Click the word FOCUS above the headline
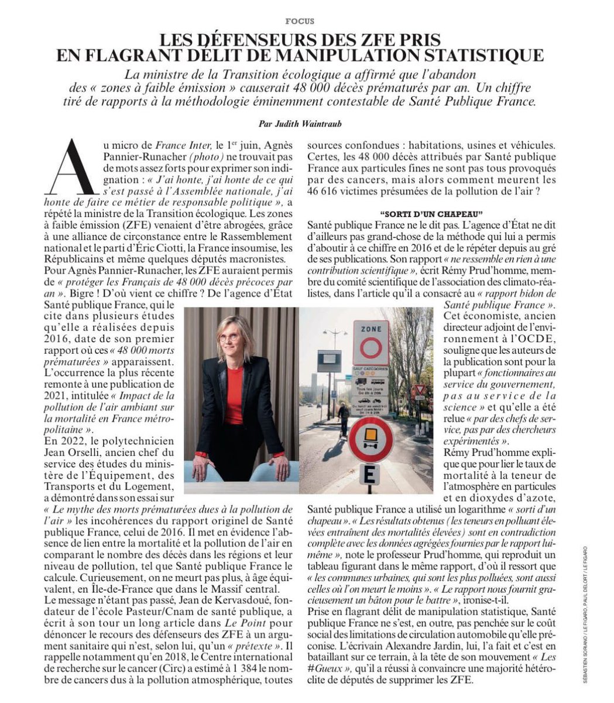coord(300,21)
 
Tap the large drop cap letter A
coord(73,167)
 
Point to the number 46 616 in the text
coord(323,190)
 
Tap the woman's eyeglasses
coord(230,337)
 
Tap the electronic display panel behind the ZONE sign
coord(329,361)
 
